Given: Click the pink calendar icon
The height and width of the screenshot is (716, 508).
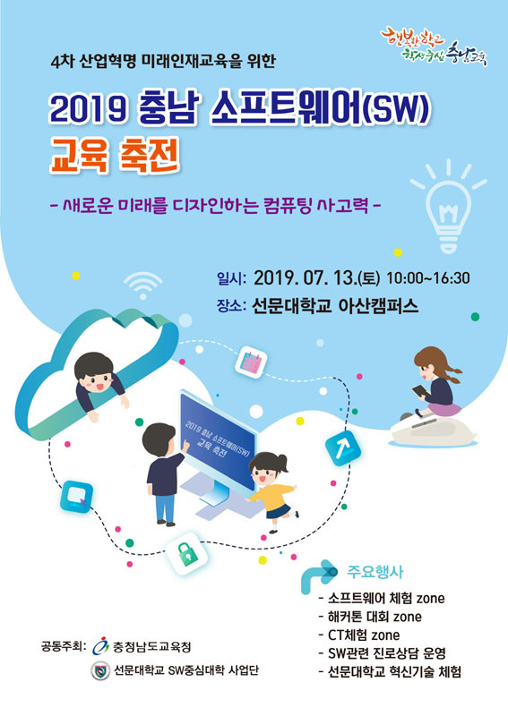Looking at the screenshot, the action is click(251, 362).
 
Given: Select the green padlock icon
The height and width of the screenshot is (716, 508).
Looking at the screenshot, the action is click(187, 553).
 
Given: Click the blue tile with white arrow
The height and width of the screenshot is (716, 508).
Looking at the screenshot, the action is click(342, 447).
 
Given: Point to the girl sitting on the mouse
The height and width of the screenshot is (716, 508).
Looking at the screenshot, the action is click(435, 383).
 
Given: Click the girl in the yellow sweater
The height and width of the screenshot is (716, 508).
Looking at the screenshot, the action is click(271, 491).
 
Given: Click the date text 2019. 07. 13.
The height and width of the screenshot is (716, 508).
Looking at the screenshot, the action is click(305, 278).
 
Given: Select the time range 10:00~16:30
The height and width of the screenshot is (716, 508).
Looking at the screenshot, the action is click(428, 278).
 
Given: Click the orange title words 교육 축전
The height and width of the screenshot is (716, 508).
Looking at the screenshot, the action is click(114, 156).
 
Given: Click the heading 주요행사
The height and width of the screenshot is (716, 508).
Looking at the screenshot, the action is click(375, 571).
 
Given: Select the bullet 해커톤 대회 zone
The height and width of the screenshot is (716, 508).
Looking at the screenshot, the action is click(370, 617).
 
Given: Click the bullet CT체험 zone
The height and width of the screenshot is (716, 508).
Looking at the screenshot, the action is click(359, 635).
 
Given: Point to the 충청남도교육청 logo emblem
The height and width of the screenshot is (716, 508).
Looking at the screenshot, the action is click(100, 645).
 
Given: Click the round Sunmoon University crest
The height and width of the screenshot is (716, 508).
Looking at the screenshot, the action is click(100, 670).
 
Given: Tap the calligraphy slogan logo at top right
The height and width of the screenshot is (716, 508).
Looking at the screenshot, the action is click(434, 48).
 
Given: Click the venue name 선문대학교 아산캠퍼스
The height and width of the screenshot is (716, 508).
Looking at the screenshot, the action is click(335, 305).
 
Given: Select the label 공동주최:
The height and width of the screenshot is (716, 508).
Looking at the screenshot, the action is click(64, 646).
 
